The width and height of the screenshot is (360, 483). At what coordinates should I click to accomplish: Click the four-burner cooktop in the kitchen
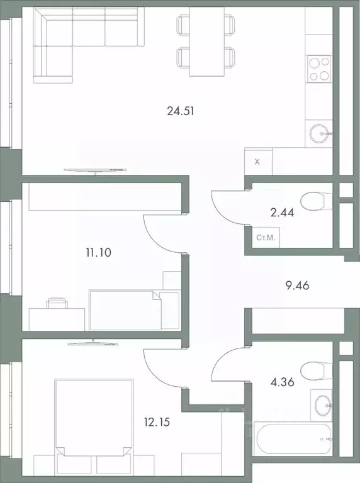click(318, 68)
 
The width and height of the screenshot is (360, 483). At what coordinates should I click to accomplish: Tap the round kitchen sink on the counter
click(320, 132)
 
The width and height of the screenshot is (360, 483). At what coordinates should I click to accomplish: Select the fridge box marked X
click(257, 161)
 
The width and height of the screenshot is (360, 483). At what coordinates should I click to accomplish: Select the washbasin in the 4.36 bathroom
click(323, 402)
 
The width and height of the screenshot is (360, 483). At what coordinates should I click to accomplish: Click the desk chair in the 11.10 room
click(57, 304)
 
